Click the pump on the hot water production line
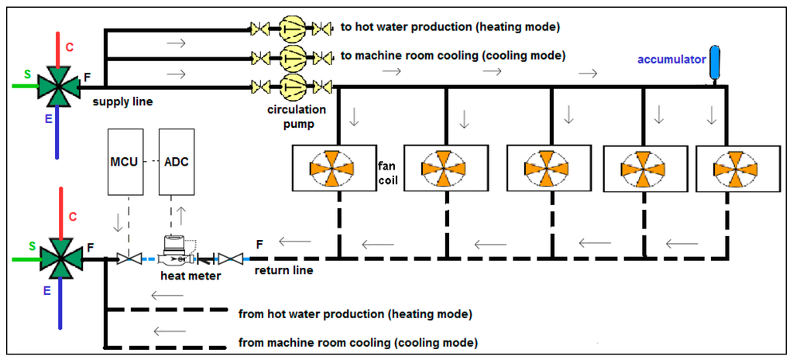pos(293,27)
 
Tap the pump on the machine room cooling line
pos(293,56)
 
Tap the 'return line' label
pos(283,271)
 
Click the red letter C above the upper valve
pos(69,47)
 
